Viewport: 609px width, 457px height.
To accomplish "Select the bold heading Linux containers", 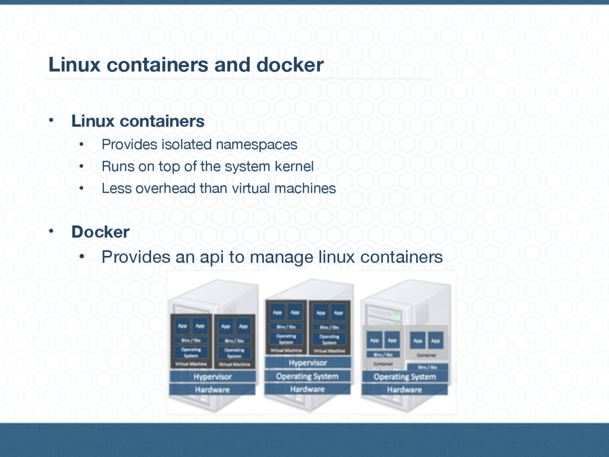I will (138, 121).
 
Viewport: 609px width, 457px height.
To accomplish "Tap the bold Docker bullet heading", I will (100, 232).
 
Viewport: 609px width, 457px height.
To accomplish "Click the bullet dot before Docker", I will (52, 231).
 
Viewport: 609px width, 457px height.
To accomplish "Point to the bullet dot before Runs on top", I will (83, 167).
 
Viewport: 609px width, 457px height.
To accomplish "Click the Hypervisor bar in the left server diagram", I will (212, 377).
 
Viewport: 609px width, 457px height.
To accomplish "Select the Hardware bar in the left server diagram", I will (212, 390).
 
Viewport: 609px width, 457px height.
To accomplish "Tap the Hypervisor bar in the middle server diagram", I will (307, 363).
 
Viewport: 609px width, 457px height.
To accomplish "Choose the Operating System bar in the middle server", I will (307, 376).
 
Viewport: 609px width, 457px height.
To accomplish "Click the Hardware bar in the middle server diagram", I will (307, 389).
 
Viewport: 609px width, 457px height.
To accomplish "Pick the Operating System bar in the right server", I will (404, 377).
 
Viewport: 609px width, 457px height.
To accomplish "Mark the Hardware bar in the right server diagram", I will (404, 390).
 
